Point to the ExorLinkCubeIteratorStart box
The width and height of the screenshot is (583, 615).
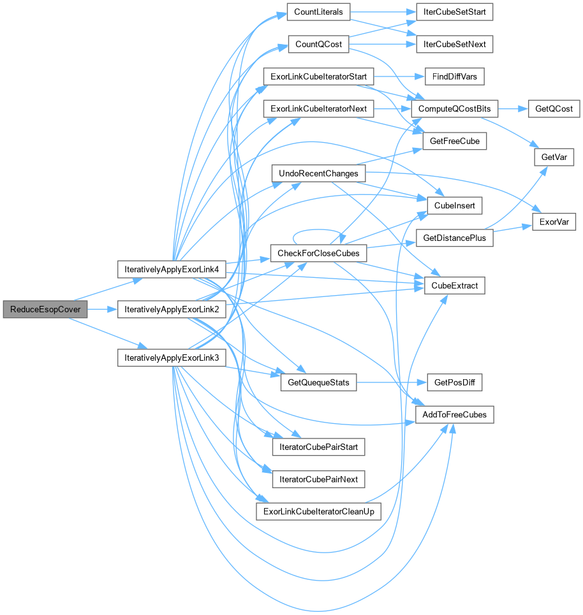(x=318, y=76)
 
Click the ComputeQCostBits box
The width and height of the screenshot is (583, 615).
(x=455, y=109)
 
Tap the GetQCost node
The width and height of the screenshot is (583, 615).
(x=554, y=109)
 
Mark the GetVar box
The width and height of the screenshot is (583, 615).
(x=554, y=157)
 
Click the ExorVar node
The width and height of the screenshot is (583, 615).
(x=554, y=222)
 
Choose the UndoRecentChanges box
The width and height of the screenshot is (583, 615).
(x=318, y=173)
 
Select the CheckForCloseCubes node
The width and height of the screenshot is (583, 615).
(x=318, y=253)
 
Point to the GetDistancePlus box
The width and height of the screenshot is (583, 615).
(x=455, y=238)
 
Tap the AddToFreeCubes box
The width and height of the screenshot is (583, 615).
(x=455, y=415)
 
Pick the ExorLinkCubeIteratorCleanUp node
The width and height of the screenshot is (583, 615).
(x=318, y=511)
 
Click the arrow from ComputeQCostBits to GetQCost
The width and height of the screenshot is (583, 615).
(x=512, y=109)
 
